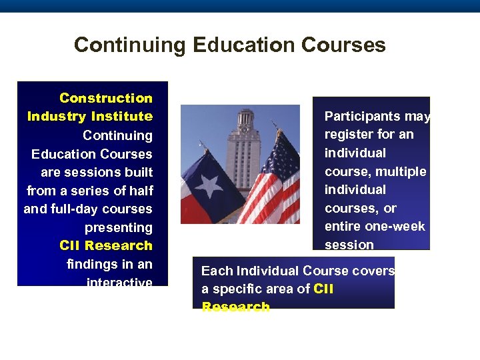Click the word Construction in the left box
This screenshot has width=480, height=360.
(x=106, y=98)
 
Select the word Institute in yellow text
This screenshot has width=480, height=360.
(x=122, y=117)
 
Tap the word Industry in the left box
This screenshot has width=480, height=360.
(x=57, y=117)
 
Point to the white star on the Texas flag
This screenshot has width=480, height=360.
(x=209, y=185)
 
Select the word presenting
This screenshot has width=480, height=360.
(x=119, y=227)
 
